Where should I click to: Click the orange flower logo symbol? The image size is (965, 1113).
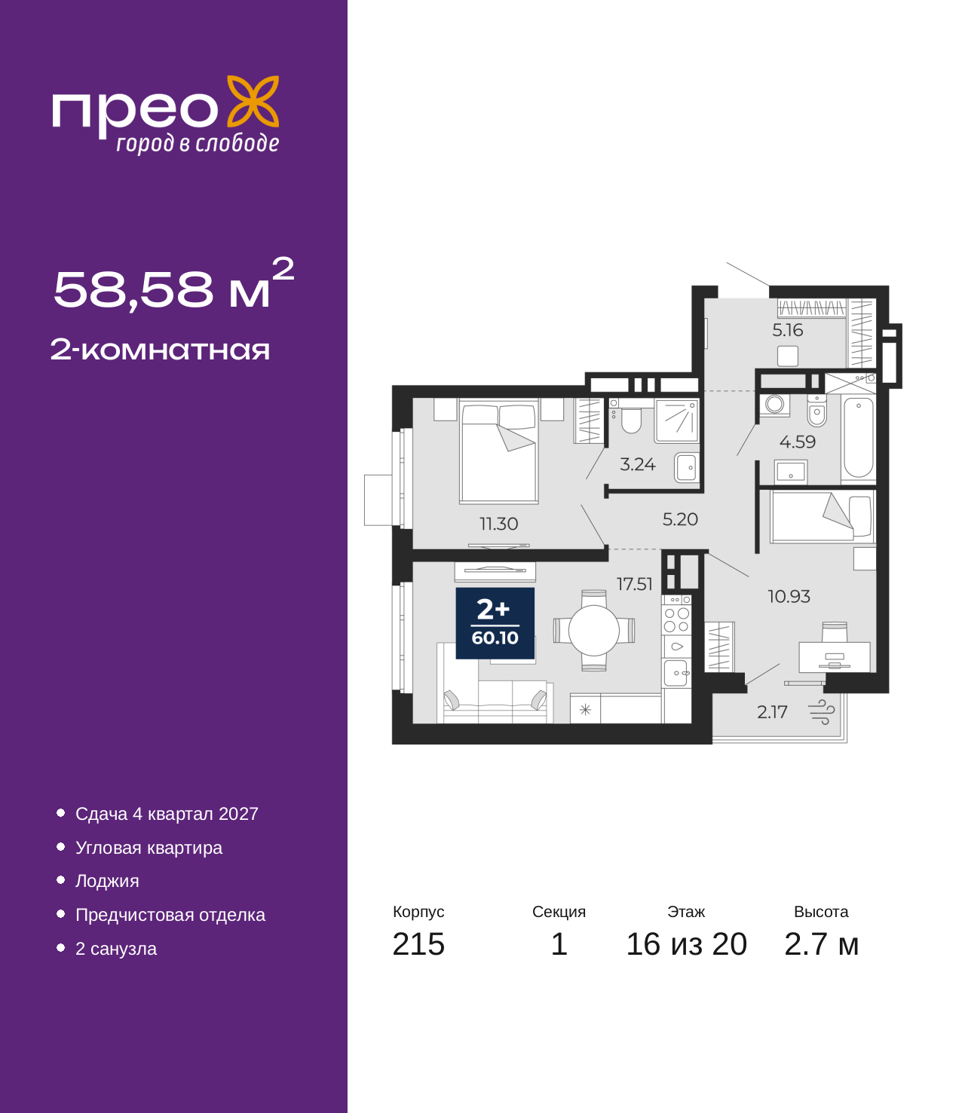[x=253, y=102]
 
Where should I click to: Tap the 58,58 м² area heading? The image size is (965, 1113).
[x=173, y=283]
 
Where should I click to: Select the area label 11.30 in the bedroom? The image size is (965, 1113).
[x=498, y=524]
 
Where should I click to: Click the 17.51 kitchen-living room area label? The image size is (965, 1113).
[x=634, y=584]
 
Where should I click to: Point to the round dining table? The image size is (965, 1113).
[x=594, y=630]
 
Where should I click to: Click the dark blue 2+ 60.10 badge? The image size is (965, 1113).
[x=495, y=623]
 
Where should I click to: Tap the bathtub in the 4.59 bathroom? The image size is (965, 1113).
[x=858, y=438]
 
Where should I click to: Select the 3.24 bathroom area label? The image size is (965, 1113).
[x=637, y=463]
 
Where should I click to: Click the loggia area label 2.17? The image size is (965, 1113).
[x=772, y=712]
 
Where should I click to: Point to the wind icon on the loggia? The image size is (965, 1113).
[x=822, y=712]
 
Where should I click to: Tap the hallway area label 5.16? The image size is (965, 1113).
[x=787, y=329]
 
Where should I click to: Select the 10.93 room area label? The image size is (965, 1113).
[x=789, y=596]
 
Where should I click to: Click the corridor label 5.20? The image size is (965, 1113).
[x=680, y=519]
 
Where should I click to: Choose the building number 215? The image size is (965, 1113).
[x=418, y=944]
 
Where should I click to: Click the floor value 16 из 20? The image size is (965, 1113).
[x=686, y=944]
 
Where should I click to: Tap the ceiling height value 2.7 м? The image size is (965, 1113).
[x=821, y=944]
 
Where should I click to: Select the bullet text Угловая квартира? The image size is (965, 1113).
[x=149, y=848]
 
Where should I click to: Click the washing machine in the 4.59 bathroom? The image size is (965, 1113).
[x=774, y=405]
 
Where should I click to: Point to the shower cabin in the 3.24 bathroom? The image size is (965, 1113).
[x=677, y=420]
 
